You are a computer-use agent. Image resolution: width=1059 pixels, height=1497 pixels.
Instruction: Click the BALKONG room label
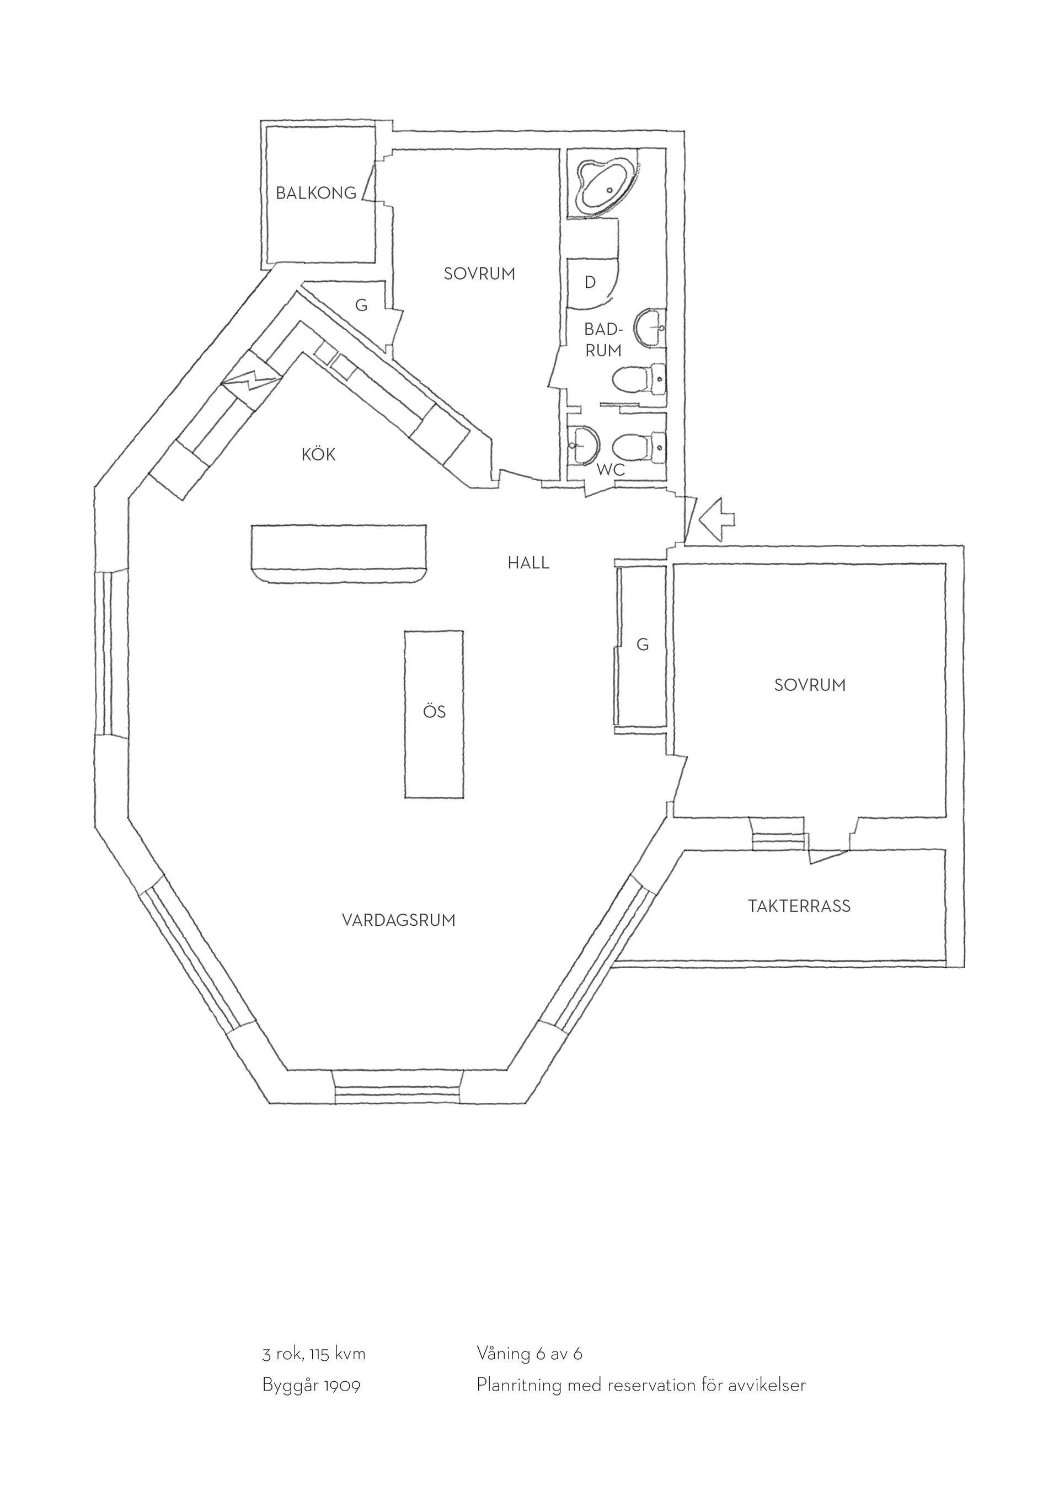tap(316, 193)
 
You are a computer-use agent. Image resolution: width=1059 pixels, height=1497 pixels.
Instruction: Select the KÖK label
tap(318, 454)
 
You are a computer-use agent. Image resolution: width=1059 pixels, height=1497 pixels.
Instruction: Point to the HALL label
tap(529, 562)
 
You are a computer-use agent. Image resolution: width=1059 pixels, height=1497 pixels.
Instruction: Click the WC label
tap(611, 470)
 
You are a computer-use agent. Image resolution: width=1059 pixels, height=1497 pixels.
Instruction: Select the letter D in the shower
tap(590, 282)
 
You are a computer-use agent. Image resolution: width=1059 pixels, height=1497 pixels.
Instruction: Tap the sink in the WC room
tap(582, 446)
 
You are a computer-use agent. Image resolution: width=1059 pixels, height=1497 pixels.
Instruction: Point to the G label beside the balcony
tap(361, 305)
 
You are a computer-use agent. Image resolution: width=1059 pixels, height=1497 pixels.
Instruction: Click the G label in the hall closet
tap(643, 645)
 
